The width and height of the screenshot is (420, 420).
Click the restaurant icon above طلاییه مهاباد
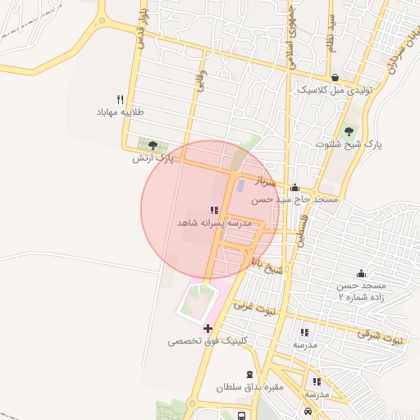(x=121, y=97)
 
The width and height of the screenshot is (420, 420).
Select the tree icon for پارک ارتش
(x=152, y=146)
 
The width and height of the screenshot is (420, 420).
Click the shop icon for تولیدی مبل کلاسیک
(x=313, y=78)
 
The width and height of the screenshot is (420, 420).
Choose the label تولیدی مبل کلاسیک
(x=334, y=90)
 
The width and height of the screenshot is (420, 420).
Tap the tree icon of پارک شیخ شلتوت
(x=349, y=131)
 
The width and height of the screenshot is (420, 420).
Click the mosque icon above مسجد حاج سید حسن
(x=294, y=188)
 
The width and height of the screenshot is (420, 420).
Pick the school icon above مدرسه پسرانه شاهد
(x=215, y=210)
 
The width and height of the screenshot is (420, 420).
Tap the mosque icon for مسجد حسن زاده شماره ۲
(x=361, y=273)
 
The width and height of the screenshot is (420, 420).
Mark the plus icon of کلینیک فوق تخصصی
(x=207, y=328)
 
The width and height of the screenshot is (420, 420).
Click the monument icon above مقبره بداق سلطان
(x=249, y=374)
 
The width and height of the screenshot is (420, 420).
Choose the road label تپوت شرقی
(x=382, y=335)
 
